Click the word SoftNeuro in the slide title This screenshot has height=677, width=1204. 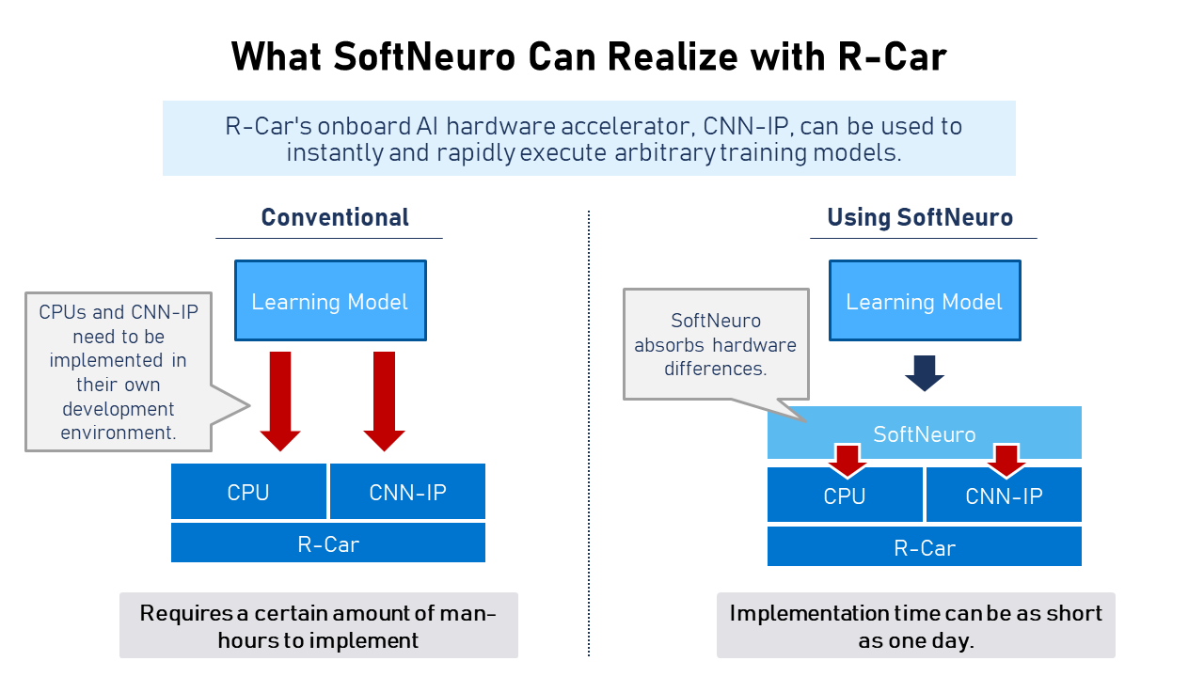(424, 57)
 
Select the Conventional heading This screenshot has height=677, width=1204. (335, 217)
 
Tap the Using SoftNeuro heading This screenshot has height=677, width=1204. (920, 217)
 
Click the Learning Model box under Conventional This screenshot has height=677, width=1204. (330, 301)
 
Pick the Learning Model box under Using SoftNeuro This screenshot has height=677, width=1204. (925, 301)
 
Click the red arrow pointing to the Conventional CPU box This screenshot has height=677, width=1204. (280, 401)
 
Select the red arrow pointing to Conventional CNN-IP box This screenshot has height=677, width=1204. (385, 401)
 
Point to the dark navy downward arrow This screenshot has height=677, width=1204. (925, 373)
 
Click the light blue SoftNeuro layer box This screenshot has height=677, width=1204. (925, 432)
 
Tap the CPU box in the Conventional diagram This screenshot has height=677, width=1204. (248, 492)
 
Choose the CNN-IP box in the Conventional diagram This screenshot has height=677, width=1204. (407, 492)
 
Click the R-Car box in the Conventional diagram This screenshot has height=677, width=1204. (328, 543)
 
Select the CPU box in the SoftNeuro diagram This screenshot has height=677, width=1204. (845, 495)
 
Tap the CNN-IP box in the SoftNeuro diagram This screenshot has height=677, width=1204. (1004, 495)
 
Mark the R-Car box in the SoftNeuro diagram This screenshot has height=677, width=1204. (925, 546)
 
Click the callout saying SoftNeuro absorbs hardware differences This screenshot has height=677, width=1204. (716, 344)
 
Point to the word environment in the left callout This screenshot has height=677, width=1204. (119, 433)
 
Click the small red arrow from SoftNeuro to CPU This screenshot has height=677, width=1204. (848, 461)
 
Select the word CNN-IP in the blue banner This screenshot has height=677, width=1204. (746, 126)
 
